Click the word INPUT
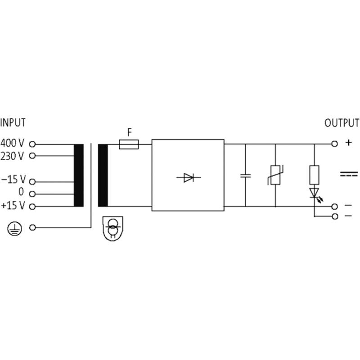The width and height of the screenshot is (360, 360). click(x=13, y=122)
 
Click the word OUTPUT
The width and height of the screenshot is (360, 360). click(x=342, y=123)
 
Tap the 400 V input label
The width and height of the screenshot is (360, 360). click(x=12, y=143)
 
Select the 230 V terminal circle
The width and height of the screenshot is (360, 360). click(x=32, y=156)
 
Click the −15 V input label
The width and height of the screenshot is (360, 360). click(x=13, y=179)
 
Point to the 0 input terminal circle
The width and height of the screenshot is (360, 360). click(x=32, y=194)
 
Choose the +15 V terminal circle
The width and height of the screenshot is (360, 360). click(x=32, y=207)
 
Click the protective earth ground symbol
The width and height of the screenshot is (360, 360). click(x=15, y=229)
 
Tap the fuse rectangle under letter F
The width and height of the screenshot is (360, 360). click(x=129, y=144)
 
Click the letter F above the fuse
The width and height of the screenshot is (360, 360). click(x=130, y=132)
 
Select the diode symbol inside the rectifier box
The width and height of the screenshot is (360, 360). click(x=189, y=177)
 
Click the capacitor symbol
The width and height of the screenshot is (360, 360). click(x=245, y=176)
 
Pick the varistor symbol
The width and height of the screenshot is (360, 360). click(x=275, y=175)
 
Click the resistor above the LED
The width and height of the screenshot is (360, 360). click(x=314, y=175)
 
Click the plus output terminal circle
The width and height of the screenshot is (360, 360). click(x=335, y=144)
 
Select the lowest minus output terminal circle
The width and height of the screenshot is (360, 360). click(x=335, y=216)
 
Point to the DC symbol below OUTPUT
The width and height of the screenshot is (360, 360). click(x=349, y=174)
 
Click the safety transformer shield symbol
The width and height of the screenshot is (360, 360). click(x=113, y=229)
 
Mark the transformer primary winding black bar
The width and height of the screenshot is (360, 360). click(x=79, y=175)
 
